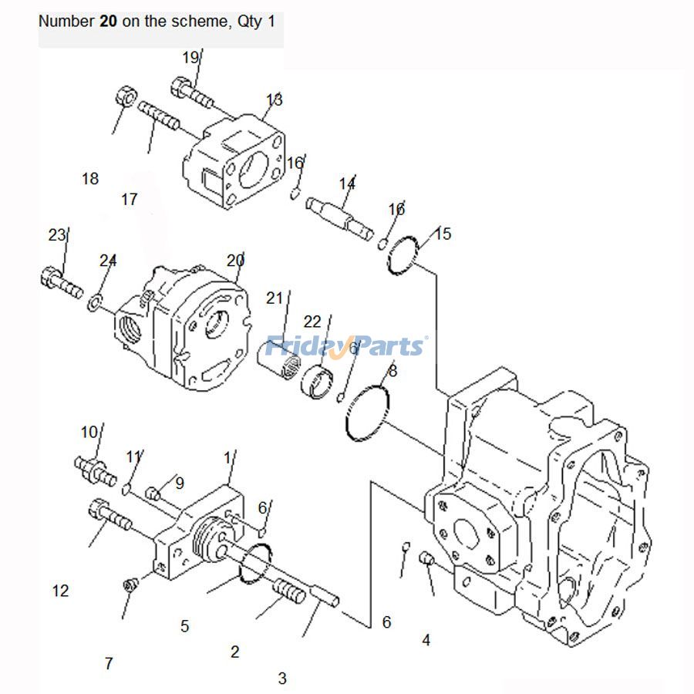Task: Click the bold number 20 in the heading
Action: (x=108, y=22)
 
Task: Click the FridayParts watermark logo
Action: (x=345, y=345)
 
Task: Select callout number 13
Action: (x=274, y=99)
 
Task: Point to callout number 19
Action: (x=190, y=57)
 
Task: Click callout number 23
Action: (x=57, y=235)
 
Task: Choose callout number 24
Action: (x=107, y=261)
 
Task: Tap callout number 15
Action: (x=443, y=233)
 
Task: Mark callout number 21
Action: (x=275, y=298)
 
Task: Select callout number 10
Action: (x=89, y=431)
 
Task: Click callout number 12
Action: (x=60, y=591)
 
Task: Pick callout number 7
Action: (x=109, y=663)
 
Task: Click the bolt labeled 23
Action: (x=59, y=282)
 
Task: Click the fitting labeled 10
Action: (x=94, y=469)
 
